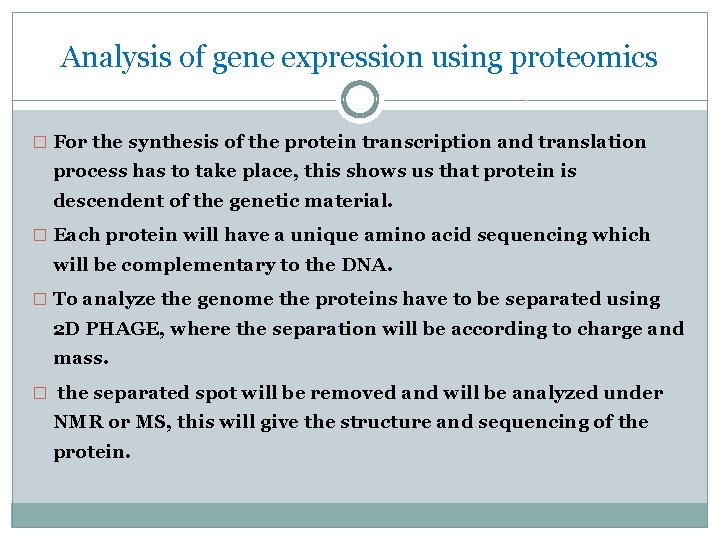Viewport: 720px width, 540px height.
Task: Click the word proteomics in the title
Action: (x=584, y=58)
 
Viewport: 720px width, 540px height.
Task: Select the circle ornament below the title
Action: (x=360, y=100)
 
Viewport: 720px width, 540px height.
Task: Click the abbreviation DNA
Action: (x=374, y=264)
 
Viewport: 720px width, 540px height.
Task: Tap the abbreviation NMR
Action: (x=78, y=422)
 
